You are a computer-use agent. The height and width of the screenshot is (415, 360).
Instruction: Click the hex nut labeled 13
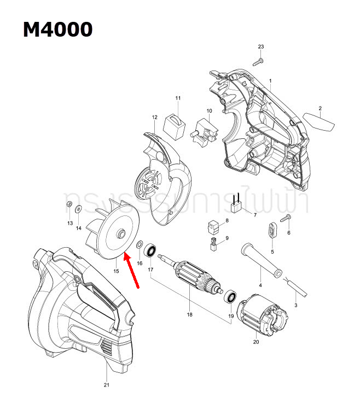click(x=69, y=204)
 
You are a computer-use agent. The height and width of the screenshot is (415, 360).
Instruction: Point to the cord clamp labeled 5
click(x=272, y=230)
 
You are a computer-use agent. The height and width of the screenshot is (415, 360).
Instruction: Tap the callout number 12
click(x=154, y=117)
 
